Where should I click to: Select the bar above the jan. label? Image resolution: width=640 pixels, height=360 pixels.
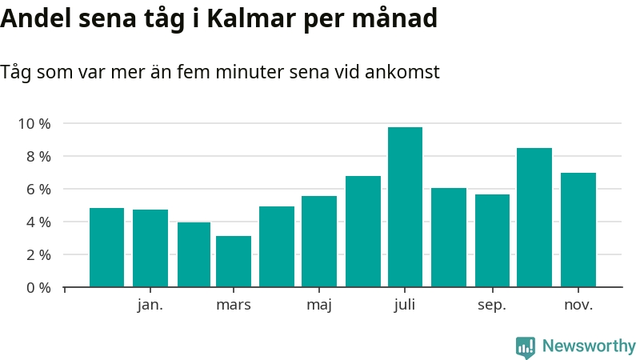(150, 248)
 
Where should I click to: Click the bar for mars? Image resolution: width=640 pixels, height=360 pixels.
(234, 261)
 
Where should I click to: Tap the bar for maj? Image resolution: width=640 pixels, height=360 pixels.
(319, 241)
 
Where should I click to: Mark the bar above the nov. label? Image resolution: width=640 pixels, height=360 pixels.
(578, 230)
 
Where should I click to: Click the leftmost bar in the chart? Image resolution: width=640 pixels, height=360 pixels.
(106, 247)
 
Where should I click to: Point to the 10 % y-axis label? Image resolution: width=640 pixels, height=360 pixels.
(34, 124)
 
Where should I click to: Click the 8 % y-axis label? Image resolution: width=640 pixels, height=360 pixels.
(38, 157)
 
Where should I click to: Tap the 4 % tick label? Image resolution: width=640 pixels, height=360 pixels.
(38, 222)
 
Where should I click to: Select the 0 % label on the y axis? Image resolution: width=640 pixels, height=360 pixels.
(38, 287)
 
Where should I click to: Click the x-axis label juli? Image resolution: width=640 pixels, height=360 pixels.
(405, 305)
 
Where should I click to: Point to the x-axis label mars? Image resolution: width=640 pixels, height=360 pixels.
(234, 305)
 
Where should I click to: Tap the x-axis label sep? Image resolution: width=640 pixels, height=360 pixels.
(492, 305)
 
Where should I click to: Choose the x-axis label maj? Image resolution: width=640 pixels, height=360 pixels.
(319, 305)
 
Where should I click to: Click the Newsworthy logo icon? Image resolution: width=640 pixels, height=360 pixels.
(525, 346)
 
